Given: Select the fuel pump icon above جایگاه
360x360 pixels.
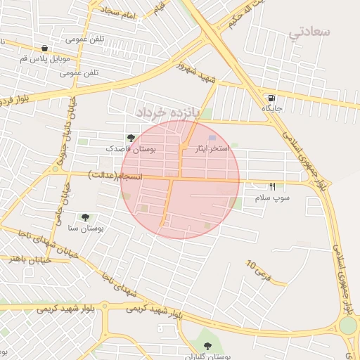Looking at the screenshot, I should [x=270, y=98].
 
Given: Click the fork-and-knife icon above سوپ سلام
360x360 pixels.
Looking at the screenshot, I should [x=272, y=187].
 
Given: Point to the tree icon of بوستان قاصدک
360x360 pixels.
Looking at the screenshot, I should [x=129, y=139].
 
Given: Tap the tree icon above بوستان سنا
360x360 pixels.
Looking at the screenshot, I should [x=86, y=218].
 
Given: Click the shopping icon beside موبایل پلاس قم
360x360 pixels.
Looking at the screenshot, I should [x=46, y=48].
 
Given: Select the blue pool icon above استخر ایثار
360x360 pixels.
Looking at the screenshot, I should [x=212, y=139].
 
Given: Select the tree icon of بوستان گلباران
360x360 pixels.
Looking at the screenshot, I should [x=207, y=346].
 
